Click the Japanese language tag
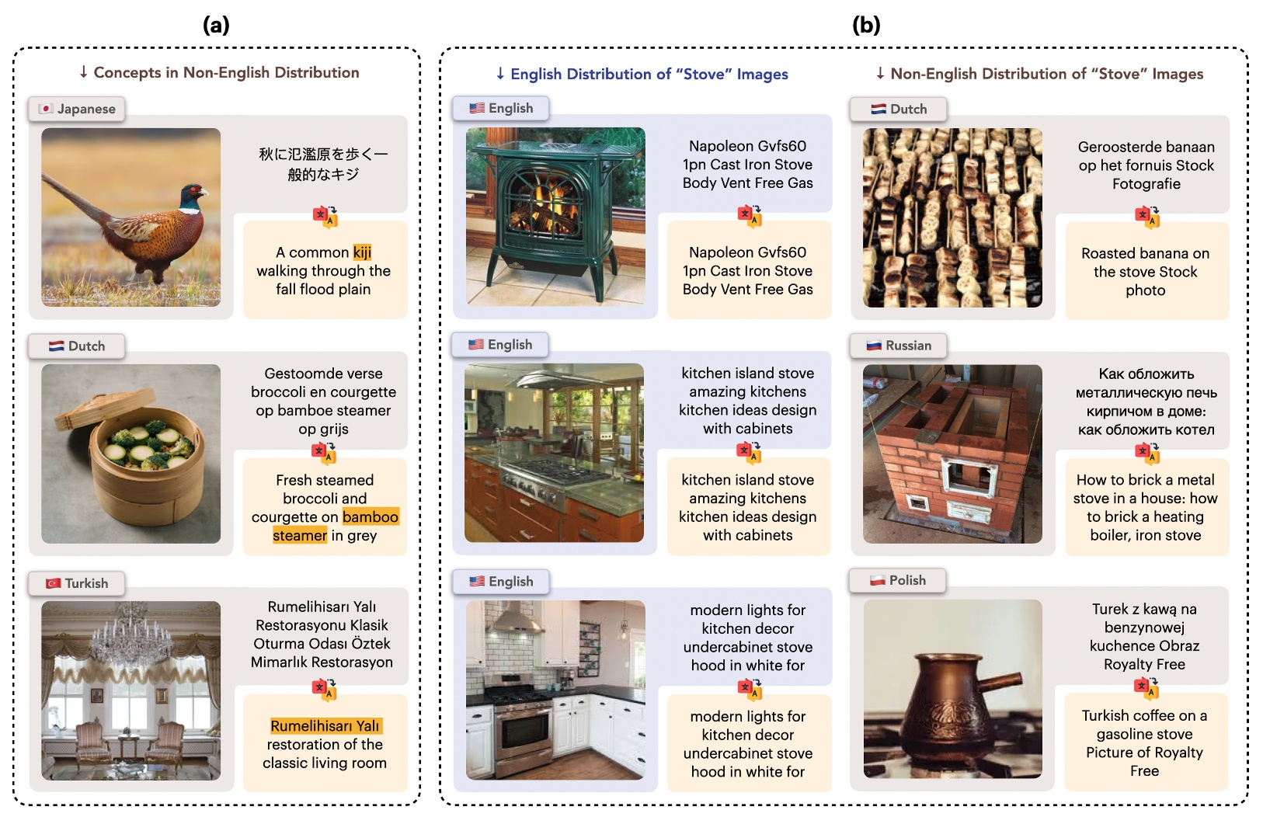coord(77,109)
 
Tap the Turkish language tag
coord(77,583)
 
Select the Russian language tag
coord(899,346)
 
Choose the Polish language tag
coord(898,580)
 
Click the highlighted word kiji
coord(362,252)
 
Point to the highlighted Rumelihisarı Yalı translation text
coord(325,726)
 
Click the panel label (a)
coord(216,25)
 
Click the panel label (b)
coord(865,25)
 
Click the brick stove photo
coord(952,454)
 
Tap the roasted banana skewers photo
coord(952,218)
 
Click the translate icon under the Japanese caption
coord(325,217)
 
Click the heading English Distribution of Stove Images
coord(642,74)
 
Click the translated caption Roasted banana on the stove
coord(1145,272)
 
